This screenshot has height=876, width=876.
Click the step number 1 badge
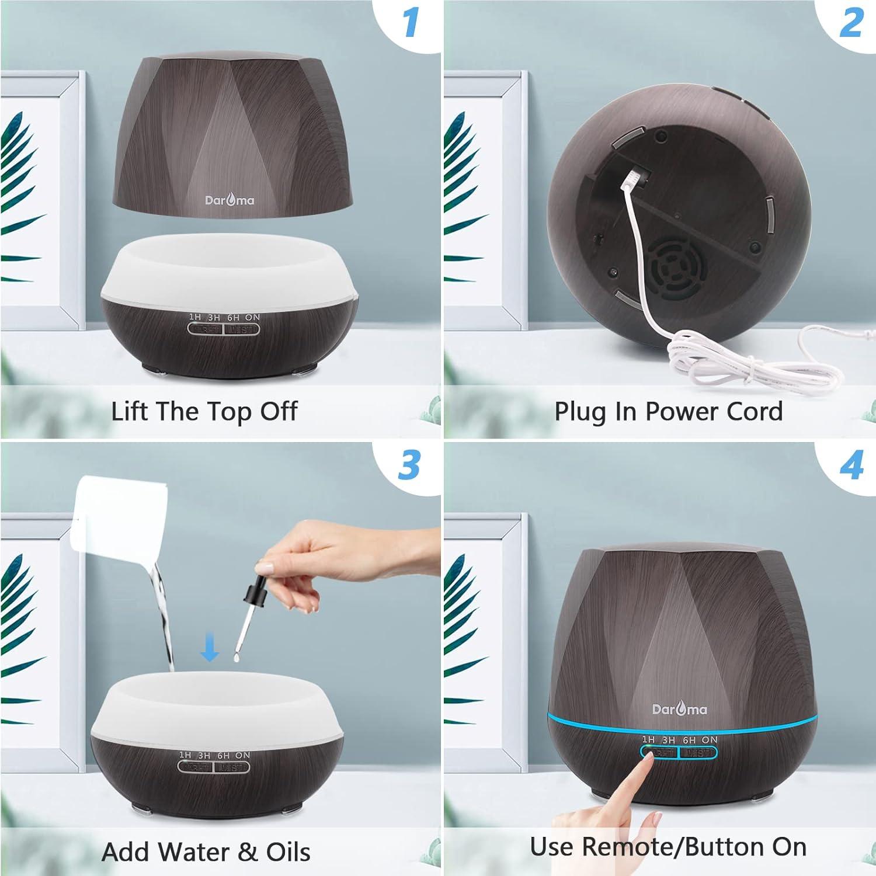(x=411, y=23)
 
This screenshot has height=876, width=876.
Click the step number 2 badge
(x=851, y=23)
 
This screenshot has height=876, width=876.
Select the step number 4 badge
(x=851, y=465)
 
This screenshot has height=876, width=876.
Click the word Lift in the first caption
(x=129, y=411)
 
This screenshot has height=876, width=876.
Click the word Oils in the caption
(x=288, y=852)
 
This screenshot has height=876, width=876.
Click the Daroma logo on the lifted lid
(x=230, y=200)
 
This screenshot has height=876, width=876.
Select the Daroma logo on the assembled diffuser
(x=679, y=709)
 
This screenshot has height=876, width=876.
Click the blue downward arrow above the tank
(x=210, y=649)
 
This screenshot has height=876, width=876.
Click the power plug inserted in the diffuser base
(x=637, y=175)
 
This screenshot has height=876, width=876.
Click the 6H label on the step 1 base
(x=234, y=317)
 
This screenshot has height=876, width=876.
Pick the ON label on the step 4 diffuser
(x=710, y=740)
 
